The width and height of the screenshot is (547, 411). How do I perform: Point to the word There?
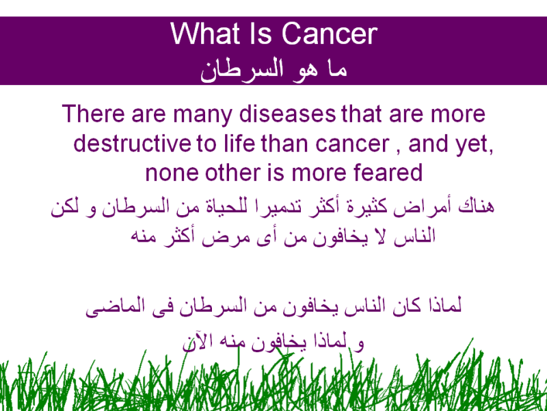coord(94,114)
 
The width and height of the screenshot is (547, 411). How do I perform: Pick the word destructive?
coord(133,143)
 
